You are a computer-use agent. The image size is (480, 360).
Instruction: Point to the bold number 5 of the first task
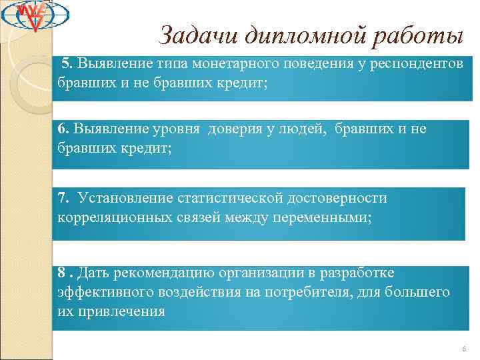tap(65, 63)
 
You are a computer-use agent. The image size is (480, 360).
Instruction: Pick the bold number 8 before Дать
tap(61, 273)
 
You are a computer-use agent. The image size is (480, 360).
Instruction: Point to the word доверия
tap(236, 129)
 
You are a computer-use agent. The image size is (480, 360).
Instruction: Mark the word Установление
tap(125, 198)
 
